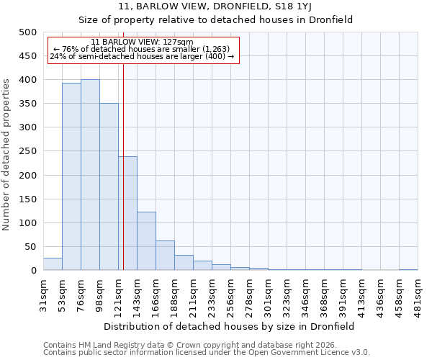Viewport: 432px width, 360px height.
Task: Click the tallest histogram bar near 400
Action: click(x=90, y=175)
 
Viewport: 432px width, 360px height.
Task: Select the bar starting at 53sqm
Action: click(x=71, y=177)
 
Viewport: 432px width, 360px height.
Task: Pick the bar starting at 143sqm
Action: click(x=146, y=241)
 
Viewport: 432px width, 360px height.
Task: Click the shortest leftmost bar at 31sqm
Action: click(x=53, y=264)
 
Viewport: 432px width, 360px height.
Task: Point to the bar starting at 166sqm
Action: click(x=165, y=256)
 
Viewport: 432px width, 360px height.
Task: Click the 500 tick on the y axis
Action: click(x=27, y=32)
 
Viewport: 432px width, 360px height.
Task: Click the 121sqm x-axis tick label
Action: click(x=118, y=293)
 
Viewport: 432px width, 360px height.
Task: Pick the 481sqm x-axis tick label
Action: click(x=418, y=293)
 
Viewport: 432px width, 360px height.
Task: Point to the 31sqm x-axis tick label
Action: click(x=43, y=293)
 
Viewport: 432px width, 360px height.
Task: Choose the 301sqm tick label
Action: click(x=268, y=293)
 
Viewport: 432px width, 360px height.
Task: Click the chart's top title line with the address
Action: click(x=215, y=6)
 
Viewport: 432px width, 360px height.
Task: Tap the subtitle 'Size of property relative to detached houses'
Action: click(x=215, y=19)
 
